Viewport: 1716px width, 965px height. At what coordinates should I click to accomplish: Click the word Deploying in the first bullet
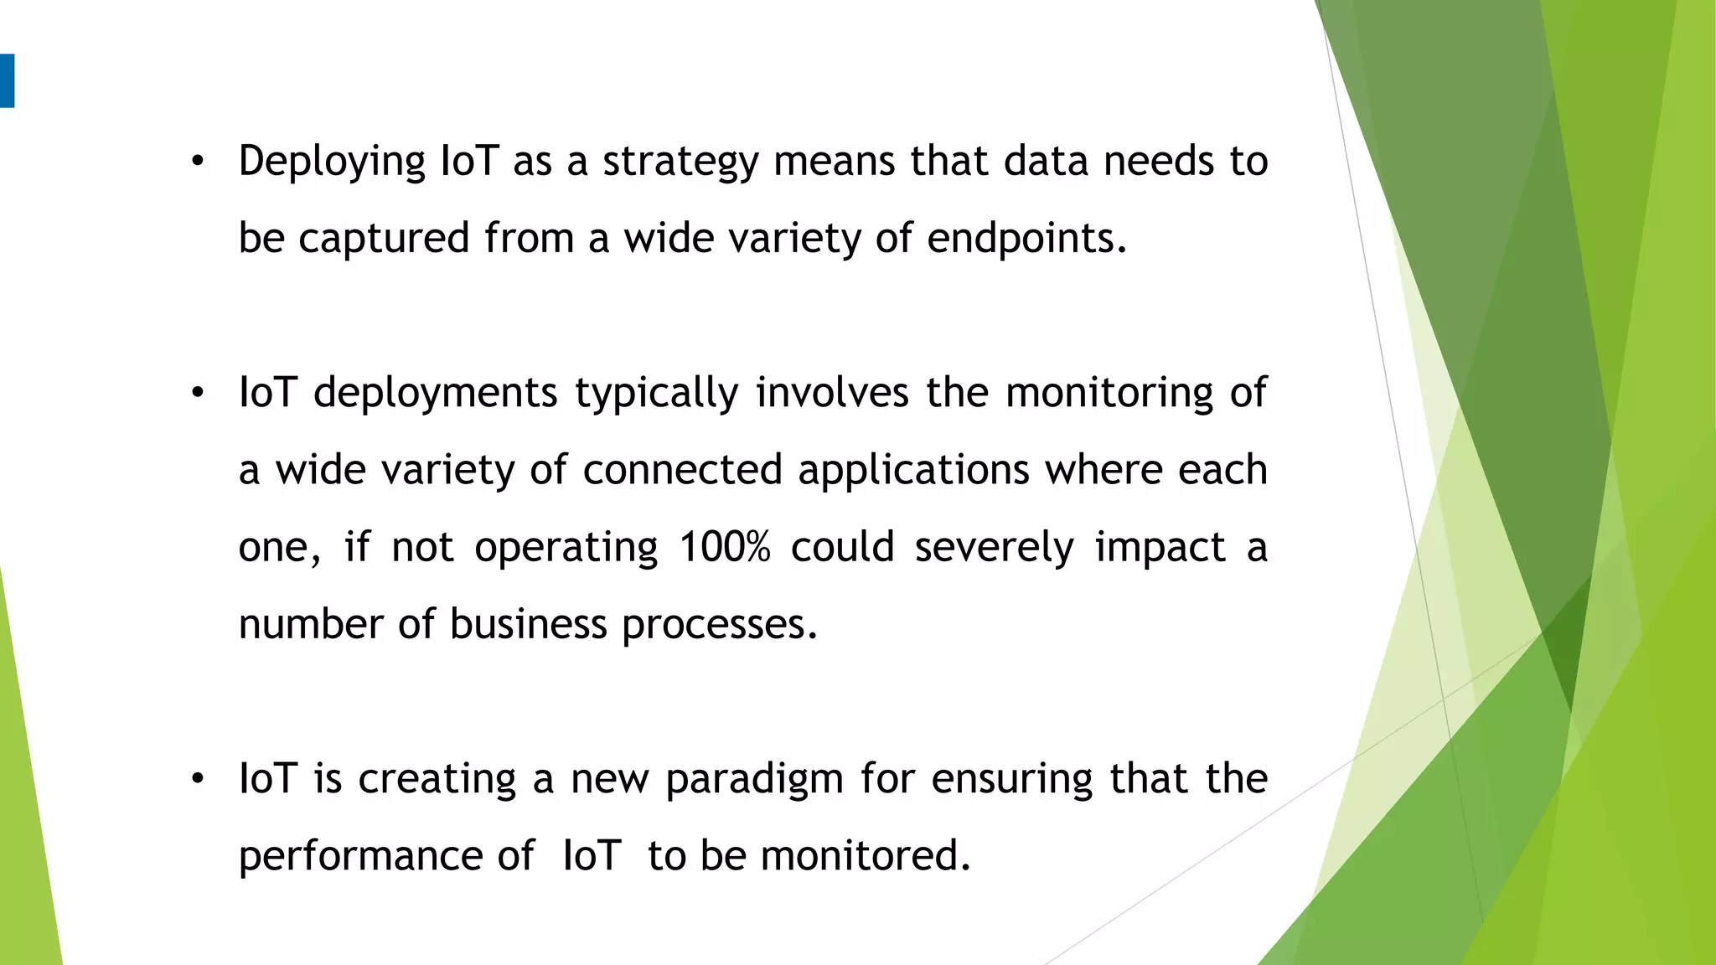point(332,162)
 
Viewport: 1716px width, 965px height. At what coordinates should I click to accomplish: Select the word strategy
point(680,162)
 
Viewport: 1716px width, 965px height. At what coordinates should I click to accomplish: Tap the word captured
point(384,239)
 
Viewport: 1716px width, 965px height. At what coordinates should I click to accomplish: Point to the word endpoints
point(1026,239)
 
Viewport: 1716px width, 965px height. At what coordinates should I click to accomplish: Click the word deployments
point(435,393)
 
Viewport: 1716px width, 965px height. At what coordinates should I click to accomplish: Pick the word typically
point(656,394)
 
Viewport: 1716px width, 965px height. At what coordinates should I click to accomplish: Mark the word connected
point(682,470)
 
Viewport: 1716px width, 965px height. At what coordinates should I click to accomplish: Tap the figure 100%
point(724,547)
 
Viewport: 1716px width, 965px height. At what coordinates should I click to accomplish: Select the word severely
point(994,548)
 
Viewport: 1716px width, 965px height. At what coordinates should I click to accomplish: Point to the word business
point(528,624)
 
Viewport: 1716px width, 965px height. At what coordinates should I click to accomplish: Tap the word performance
point(360,857)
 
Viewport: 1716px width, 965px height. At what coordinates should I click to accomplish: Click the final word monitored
point(865,856)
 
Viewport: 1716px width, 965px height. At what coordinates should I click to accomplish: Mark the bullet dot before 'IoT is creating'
point(198,780)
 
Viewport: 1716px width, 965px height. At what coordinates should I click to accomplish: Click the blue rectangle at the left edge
point(7,80)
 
